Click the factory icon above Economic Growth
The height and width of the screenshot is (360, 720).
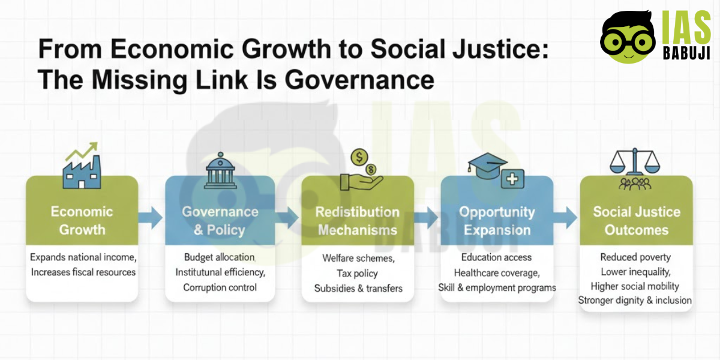[x=82, y=167]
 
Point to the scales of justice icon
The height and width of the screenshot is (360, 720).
[x=634, y=168]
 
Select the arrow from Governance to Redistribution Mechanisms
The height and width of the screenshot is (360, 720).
[x=288, y=219]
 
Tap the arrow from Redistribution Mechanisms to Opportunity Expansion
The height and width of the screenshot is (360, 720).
[x=427, y=219]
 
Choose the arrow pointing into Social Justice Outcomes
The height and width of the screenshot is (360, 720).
[x=565, y=219]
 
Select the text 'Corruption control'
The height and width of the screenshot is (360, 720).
[x=220, y=287]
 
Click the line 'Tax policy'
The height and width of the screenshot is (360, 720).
[x=358, y=274]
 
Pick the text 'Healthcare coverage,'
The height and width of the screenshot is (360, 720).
[x=496, y=272]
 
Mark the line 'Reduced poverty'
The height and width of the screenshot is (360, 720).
[x=635, y=257]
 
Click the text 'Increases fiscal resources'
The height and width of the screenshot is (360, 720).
[x=83, y=272]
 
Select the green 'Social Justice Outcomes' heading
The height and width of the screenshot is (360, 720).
[x=636, y=221]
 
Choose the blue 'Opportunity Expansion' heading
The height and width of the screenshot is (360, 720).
[x=496, y=221]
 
